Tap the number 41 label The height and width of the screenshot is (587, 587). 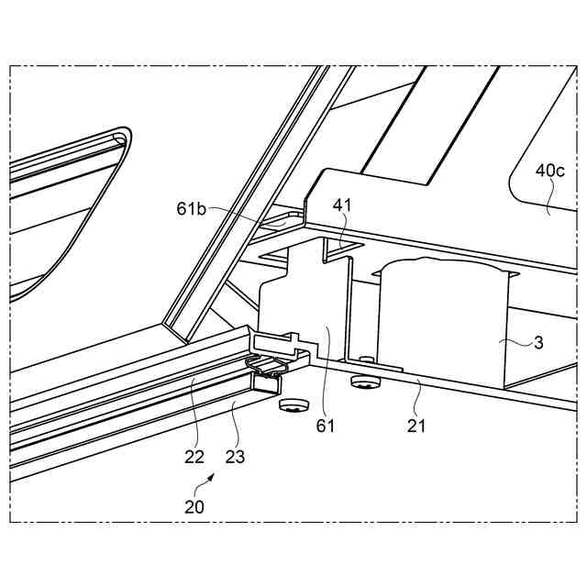341,207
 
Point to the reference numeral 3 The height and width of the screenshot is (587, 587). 538,344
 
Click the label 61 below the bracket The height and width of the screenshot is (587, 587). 327,426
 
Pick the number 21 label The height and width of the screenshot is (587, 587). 417,426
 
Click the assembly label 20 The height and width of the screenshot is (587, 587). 194,505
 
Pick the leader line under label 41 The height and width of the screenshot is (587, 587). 338,235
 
